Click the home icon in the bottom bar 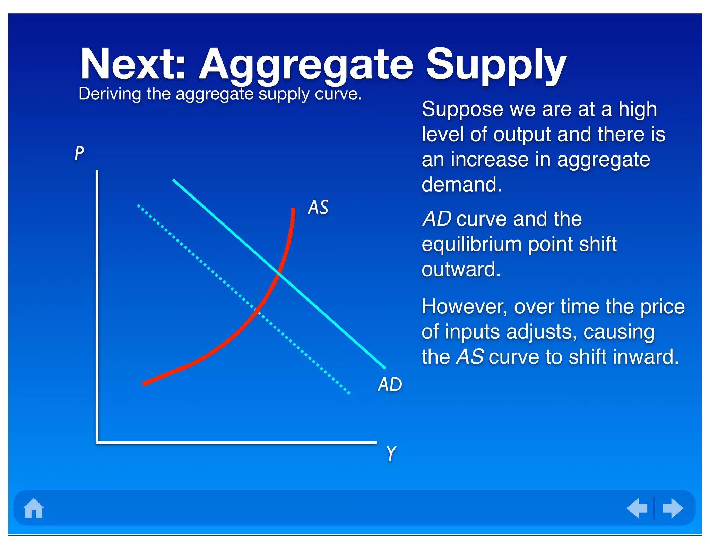(x=34, y=508)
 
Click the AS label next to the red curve (x=318, y=207)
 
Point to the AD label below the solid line (x=390, y=384)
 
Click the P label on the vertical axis (x=79, y=153)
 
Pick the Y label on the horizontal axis (x=391, y=453)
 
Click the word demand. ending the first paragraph (x=461, y=184)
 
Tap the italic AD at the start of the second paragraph (x=436, y=219)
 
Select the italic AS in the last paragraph (x=470, y=357)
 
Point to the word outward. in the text (x=461, y=269)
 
